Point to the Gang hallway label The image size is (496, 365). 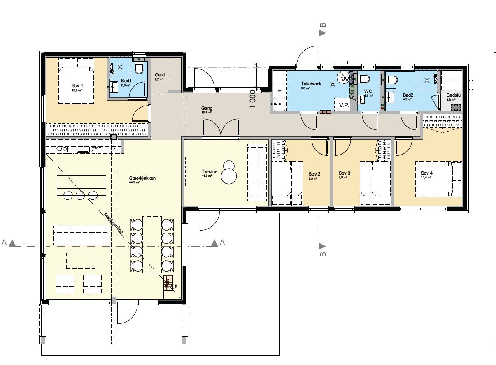click(207, 109)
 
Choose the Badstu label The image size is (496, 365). click(454, 95)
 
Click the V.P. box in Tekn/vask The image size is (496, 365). click(344, 105)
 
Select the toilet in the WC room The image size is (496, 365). click(364, 79)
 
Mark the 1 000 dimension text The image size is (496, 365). click(253, 99)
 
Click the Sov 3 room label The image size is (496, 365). click(345, 173)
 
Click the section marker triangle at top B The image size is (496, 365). click(322, 33)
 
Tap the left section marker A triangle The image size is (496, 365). click(12, 243)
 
